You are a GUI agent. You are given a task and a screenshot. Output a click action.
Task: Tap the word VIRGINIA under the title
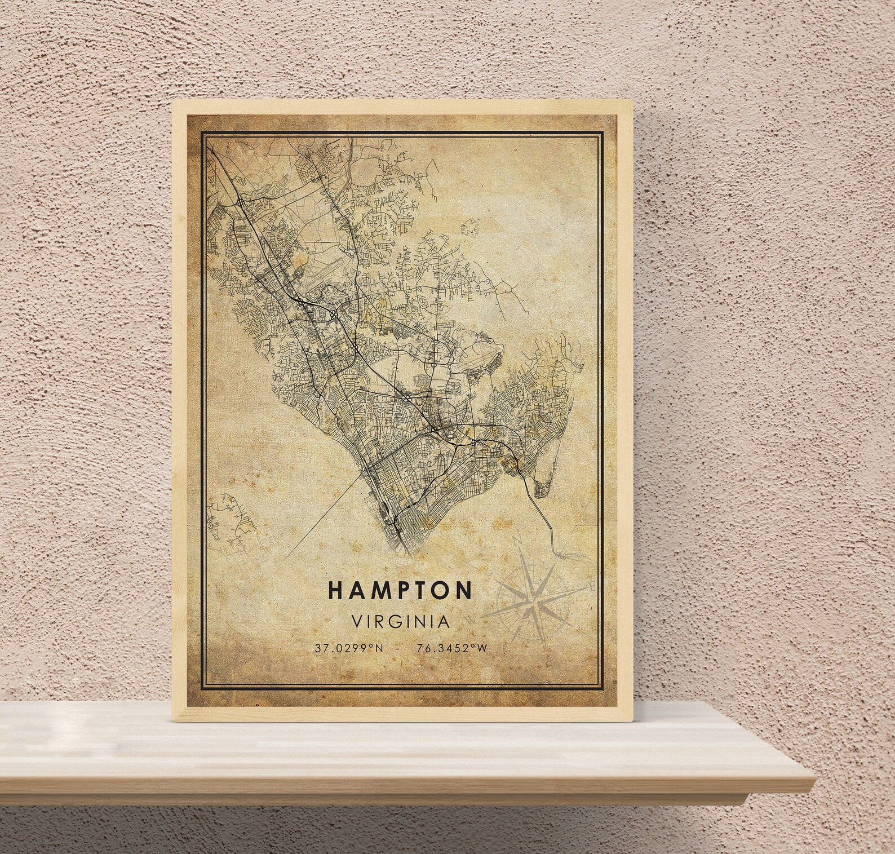pos(400,622)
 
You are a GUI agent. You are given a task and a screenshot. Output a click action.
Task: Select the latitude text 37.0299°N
pos(349,648)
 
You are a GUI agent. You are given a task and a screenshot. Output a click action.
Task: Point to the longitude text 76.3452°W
pos(451,648)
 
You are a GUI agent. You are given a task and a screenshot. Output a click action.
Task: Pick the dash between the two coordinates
pos(399,648)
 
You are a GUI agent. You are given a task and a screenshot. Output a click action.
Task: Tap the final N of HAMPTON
pos(464,590)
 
